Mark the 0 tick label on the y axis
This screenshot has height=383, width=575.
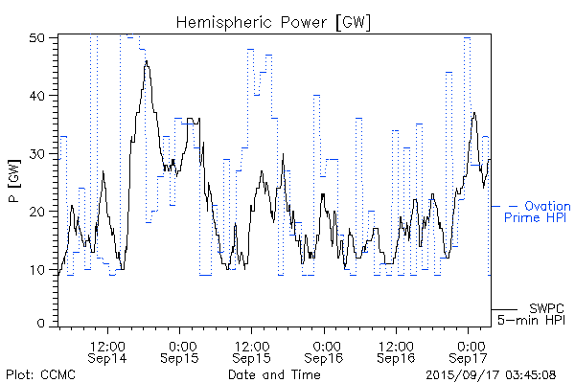coord(44,325)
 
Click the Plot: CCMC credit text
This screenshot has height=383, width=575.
coord(36,374)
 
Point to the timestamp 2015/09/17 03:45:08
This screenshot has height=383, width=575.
coord(491,374)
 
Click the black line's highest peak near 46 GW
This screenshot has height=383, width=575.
coord(147,61)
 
